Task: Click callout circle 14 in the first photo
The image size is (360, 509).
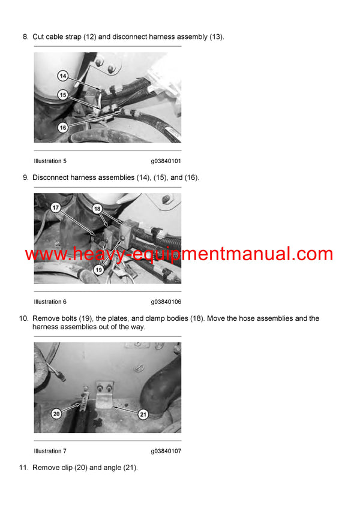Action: [63, 76]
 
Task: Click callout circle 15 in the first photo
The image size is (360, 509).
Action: [63, 95]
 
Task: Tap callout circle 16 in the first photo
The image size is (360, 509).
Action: [63, 127]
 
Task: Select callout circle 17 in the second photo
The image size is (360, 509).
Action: [55, 208]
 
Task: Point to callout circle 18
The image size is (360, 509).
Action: [98, 208]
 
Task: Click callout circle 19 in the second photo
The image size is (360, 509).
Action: [98, 270]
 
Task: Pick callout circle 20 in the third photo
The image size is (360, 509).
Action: [56, 413]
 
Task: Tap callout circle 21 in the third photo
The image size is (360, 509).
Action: [143, 413]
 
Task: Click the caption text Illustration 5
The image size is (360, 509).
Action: [50, 161]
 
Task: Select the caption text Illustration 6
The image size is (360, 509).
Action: [50, 302]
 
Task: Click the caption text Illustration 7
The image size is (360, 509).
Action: [50, 451]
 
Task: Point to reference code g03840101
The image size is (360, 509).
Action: [166, 161]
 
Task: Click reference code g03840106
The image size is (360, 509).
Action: [166, 302]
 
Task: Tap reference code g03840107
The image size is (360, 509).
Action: [166, 451]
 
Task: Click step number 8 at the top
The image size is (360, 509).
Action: [25, 37]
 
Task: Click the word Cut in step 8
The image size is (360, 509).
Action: [38, 37]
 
